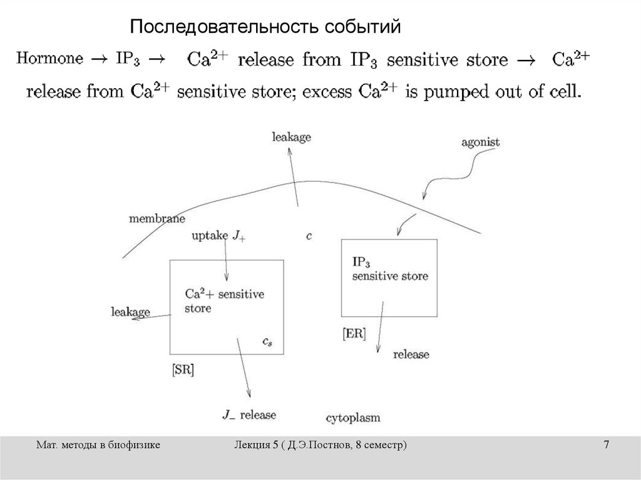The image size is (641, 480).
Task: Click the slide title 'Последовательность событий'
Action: pos(264,27)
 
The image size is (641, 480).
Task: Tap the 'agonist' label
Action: pos(481,142)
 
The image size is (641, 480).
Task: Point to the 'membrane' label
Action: pos(156,219)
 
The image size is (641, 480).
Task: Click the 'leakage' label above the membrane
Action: pos(292,137)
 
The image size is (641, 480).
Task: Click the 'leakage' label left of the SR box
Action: pos(130,311)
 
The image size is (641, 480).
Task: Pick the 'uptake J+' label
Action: pos(218,236)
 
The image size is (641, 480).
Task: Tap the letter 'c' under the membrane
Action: pos(309,236)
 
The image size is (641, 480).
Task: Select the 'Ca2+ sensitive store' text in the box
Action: pos(225,301)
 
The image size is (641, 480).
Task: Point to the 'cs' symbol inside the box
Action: pos(267,341)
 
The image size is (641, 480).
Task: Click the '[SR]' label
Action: pos(182,369)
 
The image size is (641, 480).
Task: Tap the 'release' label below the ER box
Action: pos(411,354)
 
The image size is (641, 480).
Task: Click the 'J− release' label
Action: pos(249,414)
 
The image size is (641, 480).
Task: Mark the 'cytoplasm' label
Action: pos(353,417)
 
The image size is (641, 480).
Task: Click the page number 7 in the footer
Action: pos(606,444)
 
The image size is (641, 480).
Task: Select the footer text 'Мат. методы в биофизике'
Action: pos(98,444)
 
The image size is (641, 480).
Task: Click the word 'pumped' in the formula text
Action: pos(462,92)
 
